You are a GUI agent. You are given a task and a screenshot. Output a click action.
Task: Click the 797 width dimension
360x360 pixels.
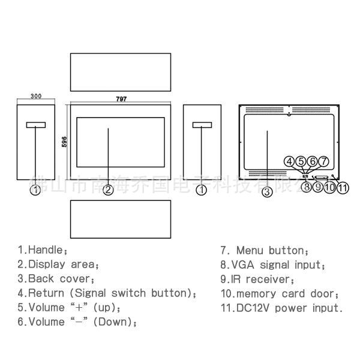121,98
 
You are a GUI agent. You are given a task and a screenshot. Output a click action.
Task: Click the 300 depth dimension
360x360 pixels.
36,96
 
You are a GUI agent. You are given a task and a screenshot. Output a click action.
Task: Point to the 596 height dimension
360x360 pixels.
64,141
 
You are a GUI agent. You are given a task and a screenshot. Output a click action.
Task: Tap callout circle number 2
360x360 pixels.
108,190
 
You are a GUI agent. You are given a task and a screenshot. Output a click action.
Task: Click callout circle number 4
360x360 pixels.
290,161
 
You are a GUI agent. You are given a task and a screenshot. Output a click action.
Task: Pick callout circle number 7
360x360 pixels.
324,161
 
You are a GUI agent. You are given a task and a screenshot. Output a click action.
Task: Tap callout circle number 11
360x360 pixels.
343,187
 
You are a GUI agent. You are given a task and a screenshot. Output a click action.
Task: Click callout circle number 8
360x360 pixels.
306,187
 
